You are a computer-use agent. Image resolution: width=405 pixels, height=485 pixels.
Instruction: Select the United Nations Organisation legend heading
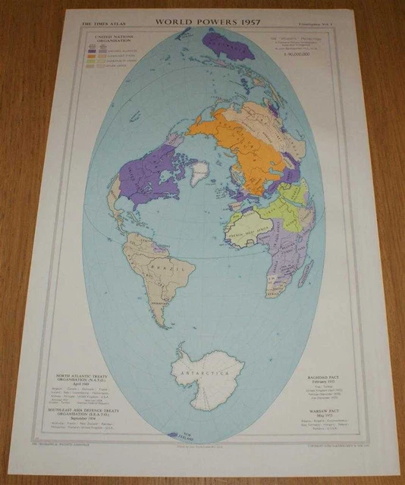click(x=108, y=39)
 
